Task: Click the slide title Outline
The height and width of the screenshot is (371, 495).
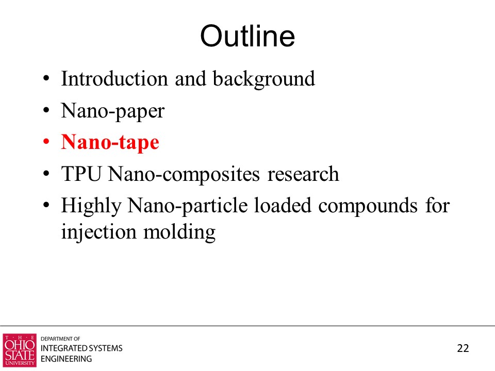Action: click(x=247, y=36)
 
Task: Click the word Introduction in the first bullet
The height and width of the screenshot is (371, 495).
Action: click(x=114, y=78)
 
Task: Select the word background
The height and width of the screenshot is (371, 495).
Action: click(x=263, y=79)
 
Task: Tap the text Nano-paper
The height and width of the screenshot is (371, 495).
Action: click(x=113, y=111)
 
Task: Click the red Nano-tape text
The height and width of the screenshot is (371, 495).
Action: click(x=110, y=143)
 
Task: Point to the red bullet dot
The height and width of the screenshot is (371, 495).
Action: click(x=46, y=142)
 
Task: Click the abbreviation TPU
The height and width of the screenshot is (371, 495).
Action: click(x=81, y=174)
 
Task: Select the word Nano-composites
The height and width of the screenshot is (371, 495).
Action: click(x=184, y=175)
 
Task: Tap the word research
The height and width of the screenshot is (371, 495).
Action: click(x=303, y=174)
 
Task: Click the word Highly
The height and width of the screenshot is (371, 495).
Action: click(x=91, y=206)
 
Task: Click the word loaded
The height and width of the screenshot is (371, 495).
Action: click(x=283, y=206)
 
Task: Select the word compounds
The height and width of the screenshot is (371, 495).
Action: click(x=368, y=206)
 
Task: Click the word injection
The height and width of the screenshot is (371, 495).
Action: click(x=98, y=232)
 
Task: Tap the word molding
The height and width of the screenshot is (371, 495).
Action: click(x=179, y=232)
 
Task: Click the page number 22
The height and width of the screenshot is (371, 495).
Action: click(x=463, y=348)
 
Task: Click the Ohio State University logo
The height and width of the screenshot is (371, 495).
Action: click(x=20, y=350)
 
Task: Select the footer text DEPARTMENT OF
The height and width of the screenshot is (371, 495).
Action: click(x=60, y=339)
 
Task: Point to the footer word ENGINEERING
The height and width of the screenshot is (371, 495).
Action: click(x=67, y=359)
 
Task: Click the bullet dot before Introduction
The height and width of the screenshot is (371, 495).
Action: click(x=46, y=78)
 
